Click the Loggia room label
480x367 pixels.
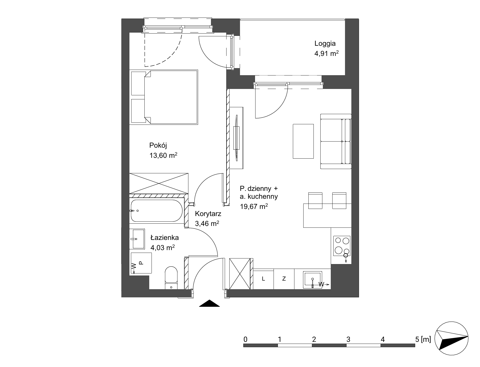(325, 43)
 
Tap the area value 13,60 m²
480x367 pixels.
(163, 155)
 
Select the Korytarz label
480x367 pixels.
(208, 214)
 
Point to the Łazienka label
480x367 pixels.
(164, 238)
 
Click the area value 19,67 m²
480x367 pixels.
(254, 206)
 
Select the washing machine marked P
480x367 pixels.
(141, 263)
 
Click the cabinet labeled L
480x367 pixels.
(263, 279)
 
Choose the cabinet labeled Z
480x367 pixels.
(284, 279)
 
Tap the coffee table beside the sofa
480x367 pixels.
(303, 141)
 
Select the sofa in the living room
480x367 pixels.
(336, 141)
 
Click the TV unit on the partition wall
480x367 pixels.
(237, 138)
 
